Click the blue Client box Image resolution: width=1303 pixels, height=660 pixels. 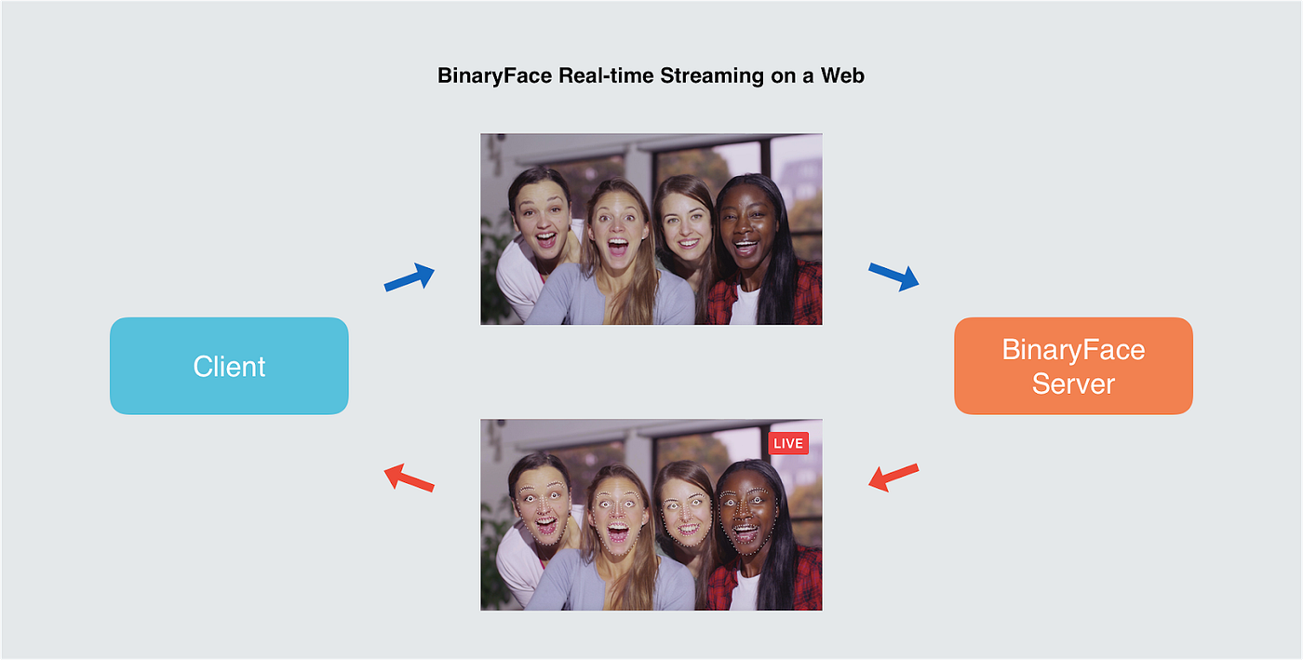pos(229,366)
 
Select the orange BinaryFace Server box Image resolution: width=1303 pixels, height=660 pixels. pos(1073,366)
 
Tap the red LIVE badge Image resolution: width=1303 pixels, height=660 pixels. pos(788,443)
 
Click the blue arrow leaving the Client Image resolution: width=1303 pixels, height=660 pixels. pos(410,277)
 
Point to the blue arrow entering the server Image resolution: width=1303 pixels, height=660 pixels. pos(893,276)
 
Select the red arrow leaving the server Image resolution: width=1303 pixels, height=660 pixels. pos(893,477)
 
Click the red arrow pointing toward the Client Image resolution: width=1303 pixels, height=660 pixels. pos(410,477)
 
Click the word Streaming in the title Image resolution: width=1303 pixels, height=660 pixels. pos(711,76)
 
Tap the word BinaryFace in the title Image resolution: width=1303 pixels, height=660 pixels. pos(495,76)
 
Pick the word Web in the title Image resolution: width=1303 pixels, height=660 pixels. pos(842,76)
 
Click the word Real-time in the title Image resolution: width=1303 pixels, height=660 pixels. pos(606,76)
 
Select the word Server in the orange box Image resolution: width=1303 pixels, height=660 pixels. pos(1073,384)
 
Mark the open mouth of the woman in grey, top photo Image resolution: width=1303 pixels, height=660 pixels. pos(616,249)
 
